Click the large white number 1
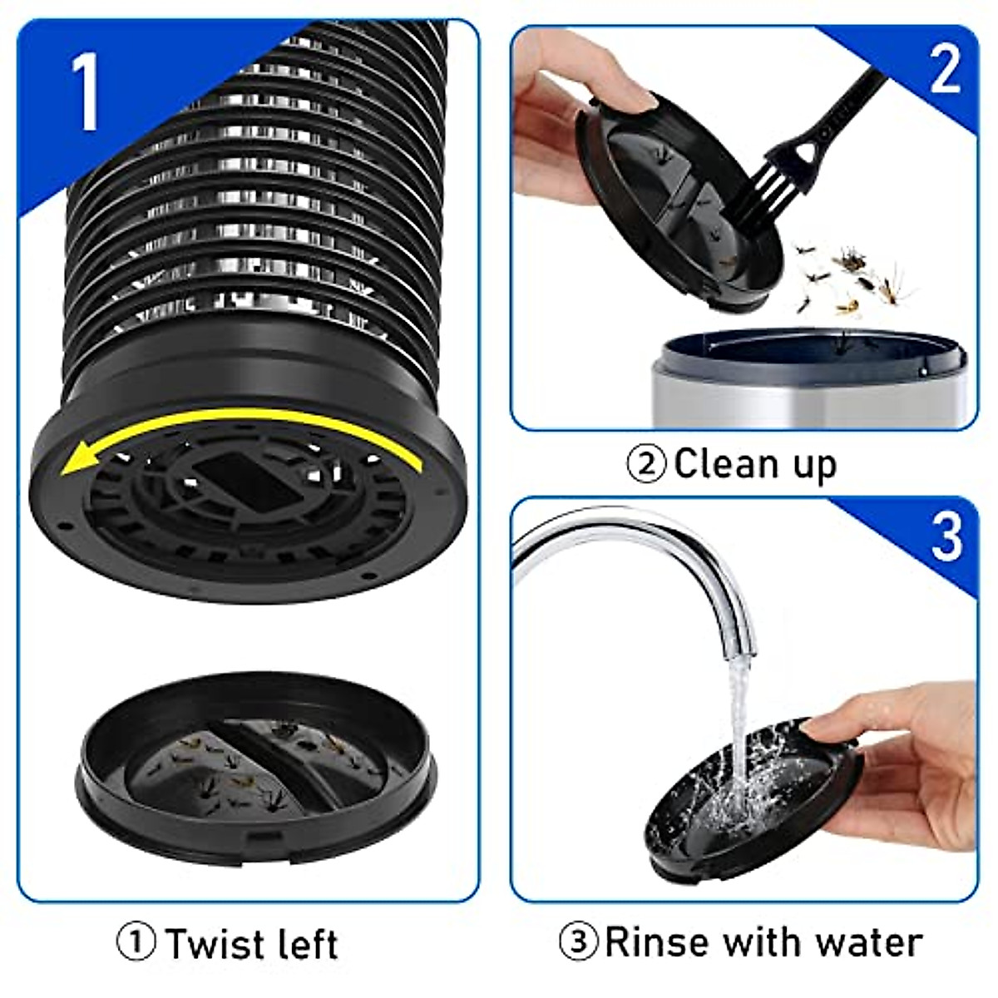coord(86,92)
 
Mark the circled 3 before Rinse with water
coord(580,943)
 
